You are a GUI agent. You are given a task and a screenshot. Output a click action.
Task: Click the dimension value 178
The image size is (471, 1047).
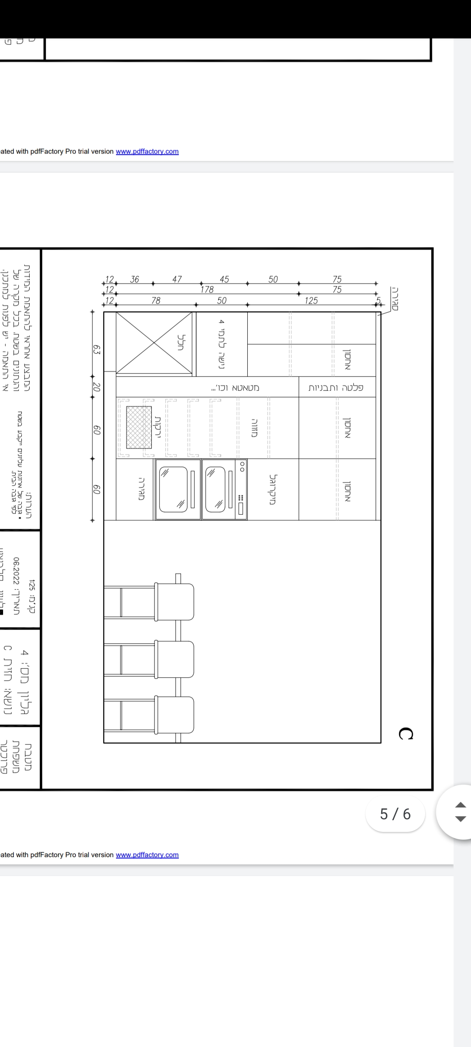point(207,290)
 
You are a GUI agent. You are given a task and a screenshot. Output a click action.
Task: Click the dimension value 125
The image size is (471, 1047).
point(311,301)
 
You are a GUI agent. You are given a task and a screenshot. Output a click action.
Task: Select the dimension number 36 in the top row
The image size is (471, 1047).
point(134,279)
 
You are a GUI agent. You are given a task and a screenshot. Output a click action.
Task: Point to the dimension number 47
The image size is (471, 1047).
point(177,279)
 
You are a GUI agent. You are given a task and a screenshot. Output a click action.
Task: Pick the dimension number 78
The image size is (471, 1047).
point(156,301)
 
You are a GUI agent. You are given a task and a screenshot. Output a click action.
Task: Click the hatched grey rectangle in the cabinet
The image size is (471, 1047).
point(139,428)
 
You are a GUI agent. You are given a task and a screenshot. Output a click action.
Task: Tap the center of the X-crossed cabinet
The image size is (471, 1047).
point(154,343)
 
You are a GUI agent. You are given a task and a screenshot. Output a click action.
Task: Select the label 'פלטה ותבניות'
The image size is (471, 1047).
point(336,387)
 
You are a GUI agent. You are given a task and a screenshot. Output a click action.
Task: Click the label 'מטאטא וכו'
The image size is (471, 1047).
point(235,387)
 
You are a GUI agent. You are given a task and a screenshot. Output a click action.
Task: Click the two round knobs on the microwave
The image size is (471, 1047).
point(242,467)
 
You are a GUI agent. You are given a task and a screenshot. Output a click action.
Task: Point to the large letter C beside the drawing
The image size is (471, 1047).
point(406,734)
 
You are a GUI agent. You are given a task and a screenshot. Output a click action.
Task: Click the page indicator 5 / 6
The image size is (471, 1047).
point(395,814)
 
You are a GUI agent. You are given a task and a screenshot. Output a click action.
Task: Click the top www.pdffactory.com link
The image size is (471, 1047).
point(147,151)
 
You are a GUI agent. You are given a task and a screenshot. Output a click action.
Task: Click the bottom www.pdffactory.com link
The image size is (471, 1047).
point(147,855)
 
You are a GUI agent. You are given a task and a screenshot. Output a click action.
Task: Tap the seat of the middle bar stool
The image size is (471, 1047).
point(175,659)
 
